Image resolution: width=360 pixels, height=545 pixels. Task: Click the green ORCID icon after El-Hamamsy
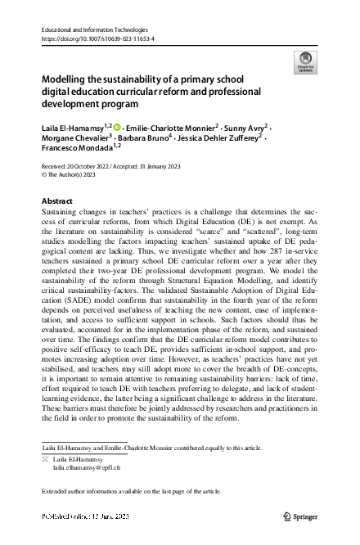coord(116,128)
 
